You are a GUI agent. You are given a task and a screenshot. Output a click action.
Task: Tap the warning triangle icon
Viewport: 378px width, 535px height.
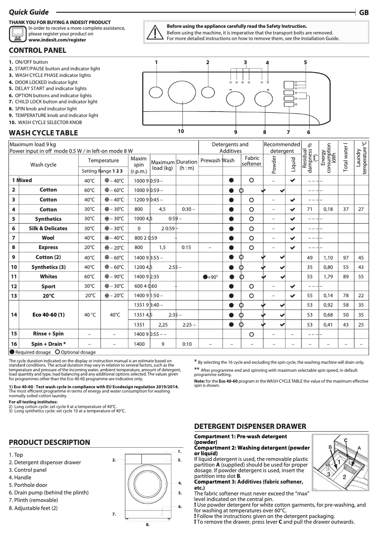154,32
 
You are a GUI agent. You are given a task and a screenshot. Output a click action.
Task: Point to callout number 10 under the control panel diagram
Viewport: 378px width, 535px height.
181,131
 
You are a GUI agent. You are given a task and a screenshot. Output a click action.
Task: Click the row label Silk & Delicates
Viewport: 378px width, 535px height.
48,228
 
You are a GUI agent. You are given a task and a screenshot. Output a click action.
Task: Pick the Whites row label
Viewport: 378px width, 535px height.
48,276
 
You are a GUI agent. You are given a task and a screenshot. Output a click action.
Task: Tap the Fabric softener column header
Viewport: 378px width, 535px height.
251,160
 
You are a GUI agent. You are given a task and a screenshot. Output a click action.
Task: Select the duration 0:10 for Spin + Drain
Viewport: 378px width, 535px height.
186,344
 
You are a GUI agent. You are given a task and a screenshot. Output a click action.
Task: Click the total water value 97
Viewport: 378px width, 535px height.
346,258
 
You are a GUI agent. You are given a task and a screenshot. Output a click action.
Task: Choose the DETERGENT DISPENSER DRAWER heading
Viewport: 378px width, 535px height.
250,426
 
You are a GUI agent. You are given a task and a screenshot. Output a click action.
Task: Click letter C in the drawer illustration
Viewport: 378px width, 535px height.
345,440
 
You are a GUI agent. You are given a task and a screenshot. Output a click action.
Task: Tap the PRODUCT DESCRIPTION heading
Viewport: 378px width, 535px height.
49,442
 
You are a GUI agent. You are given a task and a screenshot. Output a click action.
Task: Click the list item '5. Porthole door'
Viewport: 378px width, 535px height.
28,485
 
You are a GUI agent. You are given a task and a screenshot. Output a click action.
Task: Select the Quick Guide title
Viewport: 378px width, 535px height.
29,13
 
